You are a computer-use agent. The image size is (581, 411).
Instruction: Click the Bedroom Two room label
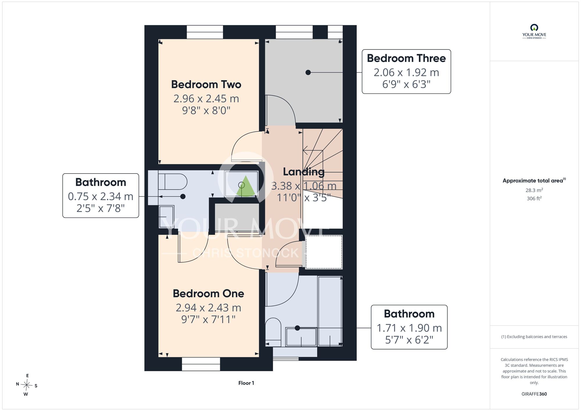point(206,84)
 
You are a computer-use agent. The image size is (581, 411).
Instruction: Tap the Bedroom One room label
point(208,293)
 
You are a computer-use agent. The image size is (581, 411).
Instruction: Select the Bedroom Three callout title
point(406,58)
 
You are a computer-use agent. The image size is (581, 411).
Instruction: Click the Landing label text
point(304,172)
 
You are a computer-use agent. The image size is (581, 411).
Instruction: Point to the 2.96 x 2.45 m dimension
point(206,99)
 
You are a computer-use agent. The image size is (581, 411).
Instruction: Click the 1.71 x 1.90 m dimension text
point(409,328)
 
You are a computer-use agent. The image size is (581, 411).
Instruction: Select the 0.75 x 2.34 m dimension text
point(101,196)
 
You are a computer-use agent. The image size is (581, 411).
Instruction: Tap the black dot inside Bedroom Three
point(308,72)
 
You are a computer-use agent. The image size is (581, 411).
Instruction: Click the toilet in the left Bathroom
point(173,182)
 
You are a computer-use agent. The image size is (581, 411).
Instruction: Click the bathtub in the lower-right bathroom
point(330,311)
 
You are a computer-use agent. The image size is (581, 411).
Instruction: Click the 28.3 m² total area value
point(534,190)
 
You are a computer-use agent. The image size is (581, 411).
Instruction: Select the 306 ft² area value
point(534,198)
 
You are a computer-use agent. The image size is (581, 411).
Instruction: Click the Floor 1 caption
point(246,383)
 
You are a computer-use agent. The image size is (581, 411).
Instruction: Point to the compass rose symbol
point(27,385)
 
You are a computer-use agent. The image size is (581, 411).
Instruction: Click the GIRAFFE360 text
point(534,394)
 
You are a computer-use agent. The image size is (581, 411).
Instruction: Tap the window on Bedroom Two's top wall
point(205,32)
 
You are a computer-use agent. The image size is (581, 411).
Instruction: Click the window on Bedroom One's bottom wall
point(201,364)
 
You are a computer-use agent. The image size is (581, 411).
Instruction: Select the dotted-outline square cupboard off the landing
point(324,252)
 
